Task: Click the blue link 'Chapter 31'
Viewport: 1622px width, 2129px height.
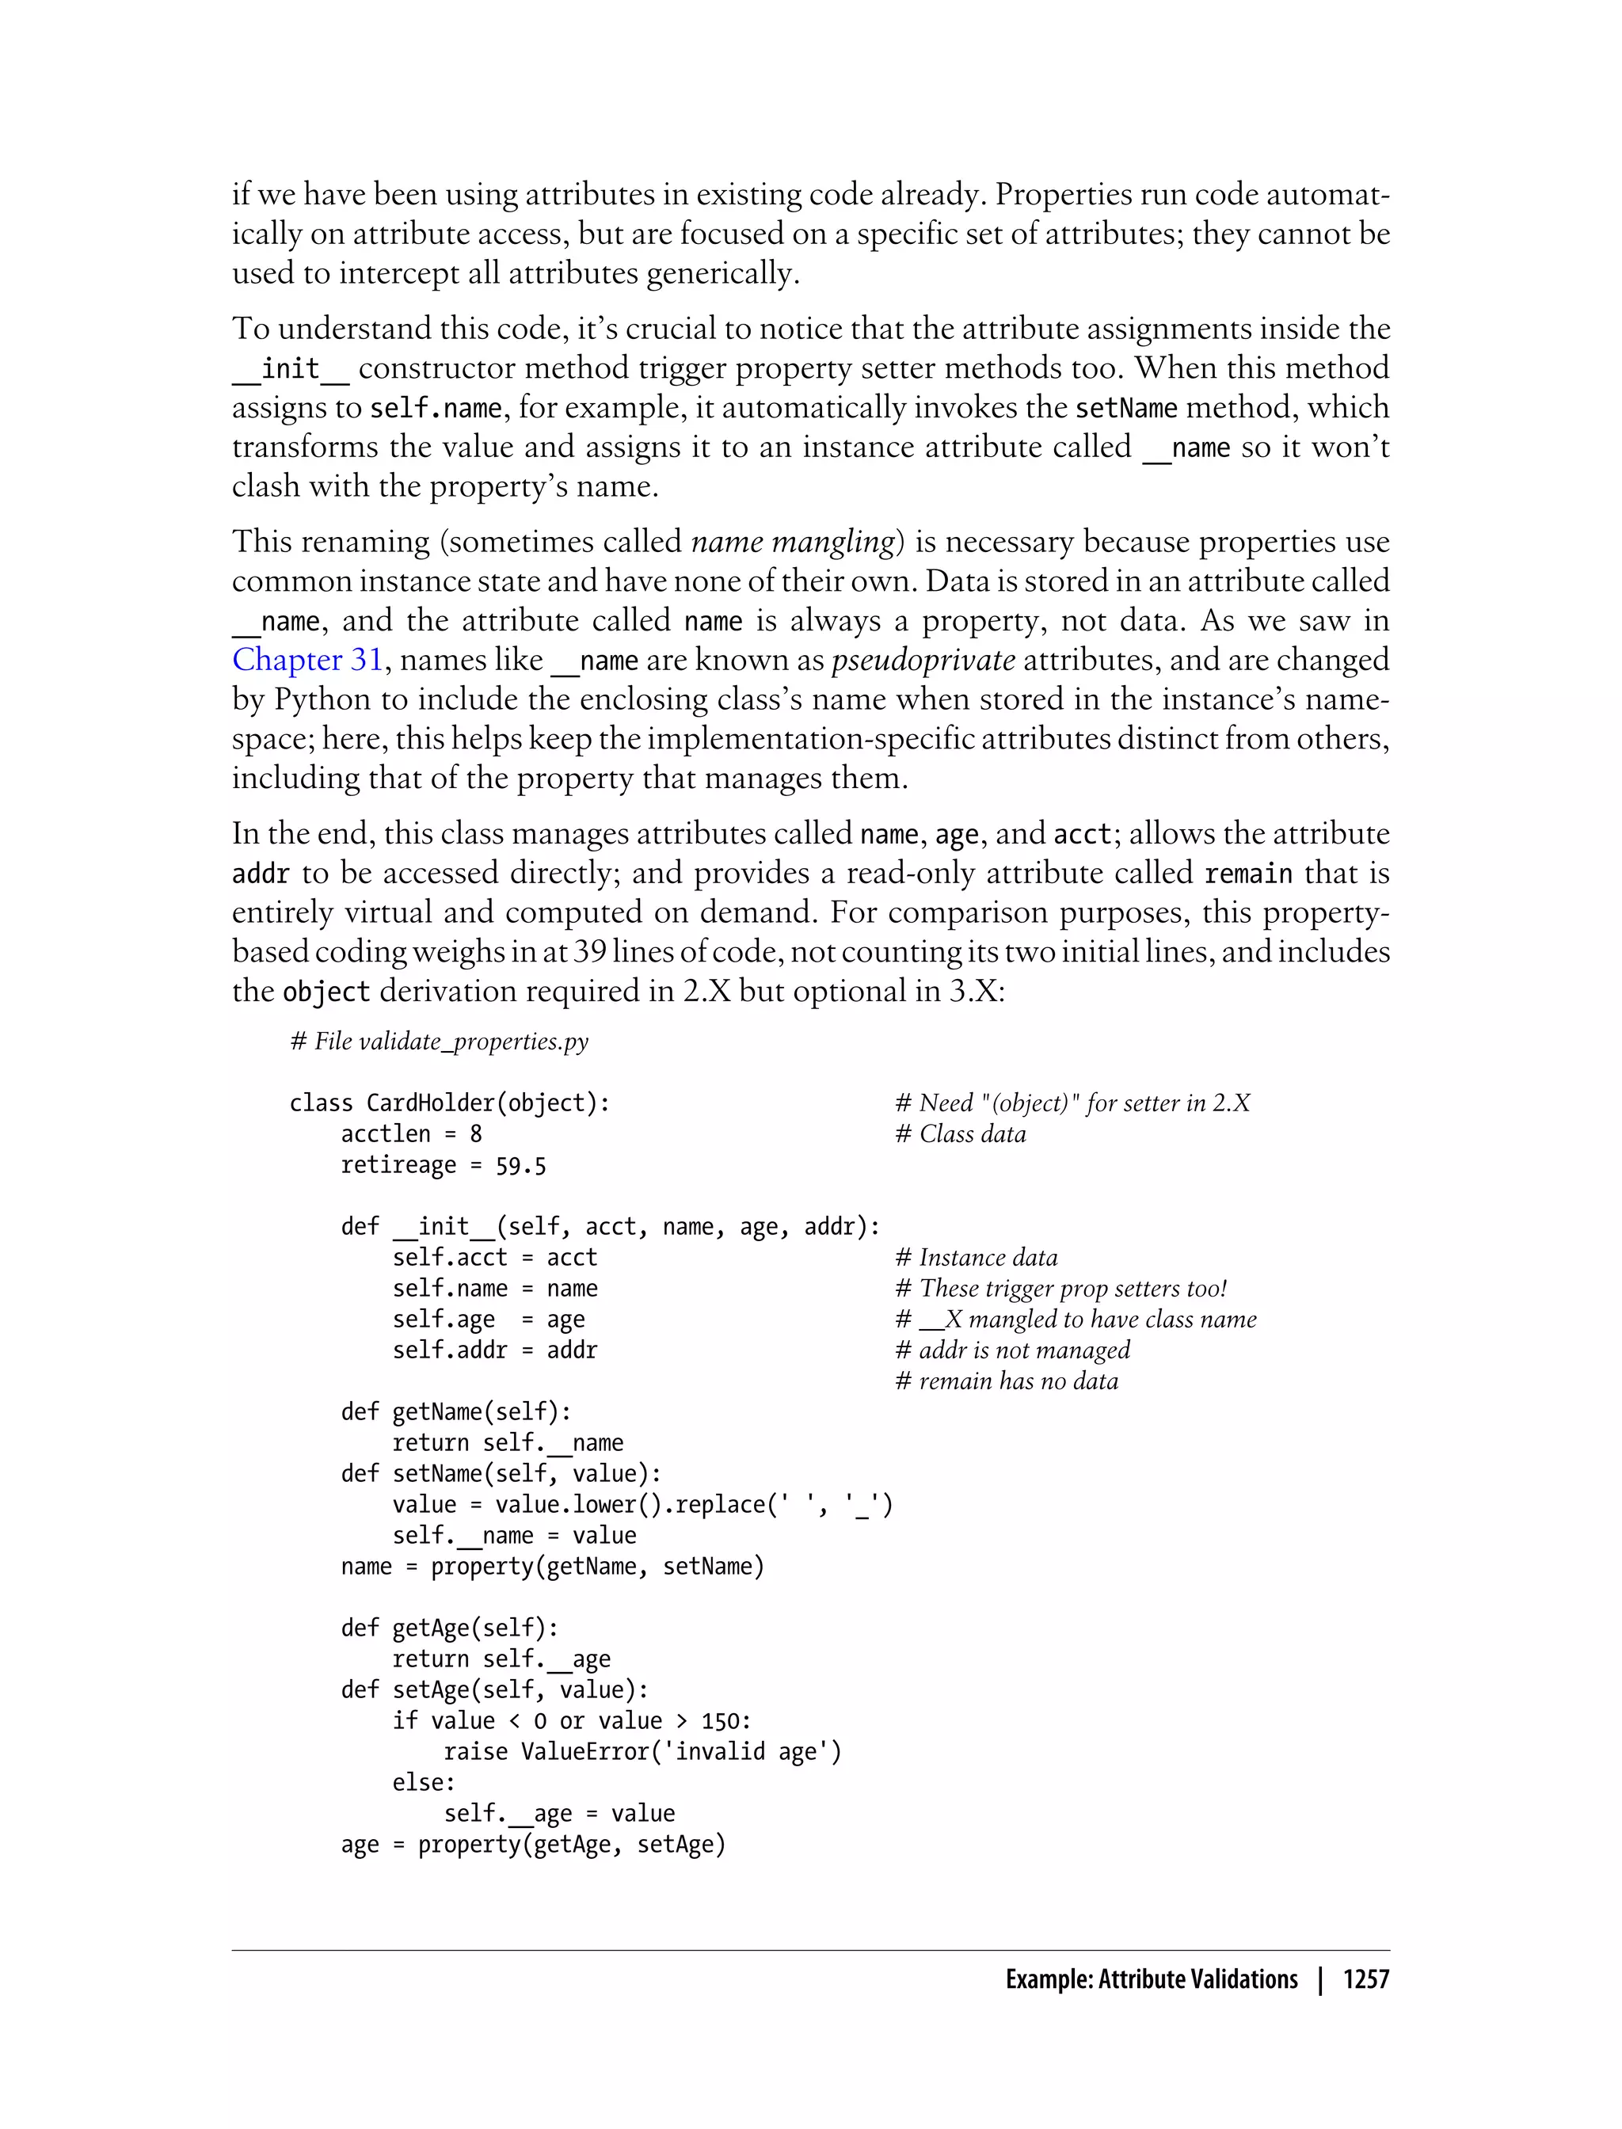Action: (x=307, y=660)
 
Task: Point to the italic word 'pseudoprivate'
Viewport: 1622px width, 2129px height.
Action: (x=922, y=660)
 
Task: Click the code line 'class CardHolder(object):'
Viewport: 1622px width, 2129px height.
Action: (x=450, y=1103)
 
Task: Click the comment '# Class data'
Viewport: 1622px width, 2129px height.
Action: (x=961, y=1133)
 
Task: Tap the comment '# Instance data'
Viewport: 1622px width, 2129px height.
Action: (x=976, y=1257)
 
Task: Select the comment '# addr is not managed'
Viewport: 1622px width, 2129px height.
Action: (x=1012, y=1350)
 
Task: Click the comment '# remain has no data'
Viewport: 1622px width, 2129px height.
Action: (x=1006, y=1381)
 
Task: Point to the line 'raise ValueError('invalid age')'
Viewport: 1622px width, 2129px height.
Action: (x=642, y=1751)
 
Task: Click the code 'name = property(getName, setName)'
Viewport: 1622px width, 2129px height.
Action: (x=552, y=1566)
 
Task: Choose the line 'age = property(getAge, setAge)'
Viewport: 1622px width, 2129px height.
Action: (x=533, y=1844)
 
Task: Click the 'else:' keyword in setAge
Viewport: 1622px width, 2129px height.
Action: (x=423, y=1782)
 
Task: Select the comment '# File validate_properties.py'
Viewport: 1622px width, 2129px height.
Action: (x=440, y=1041)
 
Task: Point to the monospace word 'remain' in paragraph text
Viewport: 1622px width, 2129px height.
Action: (x=1248, y=874)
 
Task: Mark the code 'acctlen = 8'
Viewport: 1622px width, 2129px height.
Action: (x=411, y=1133)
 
